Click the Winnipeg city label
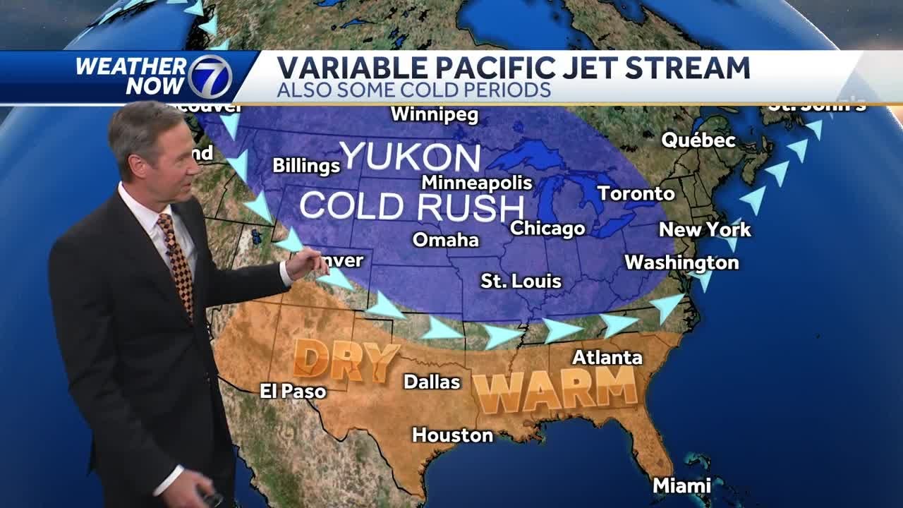(x=434, y=114)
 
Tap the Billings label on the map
(x=306, y=166)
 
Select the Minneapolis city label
(x=477, y=182)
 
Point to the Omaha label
(x=445, y=240)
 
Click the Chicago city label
(x=547, y=228)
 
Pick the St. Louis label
(x=521, y=281)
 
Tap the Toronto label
(x=636, y=193)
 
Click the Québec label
(x=698, y=140)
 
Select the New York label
(x=705, y=229)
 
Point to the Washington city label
(x=681, y=262)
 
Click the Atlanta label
(x=607, y=357)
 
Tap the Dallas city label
(x=432, y=382)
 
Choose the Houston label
(x=452, y=435)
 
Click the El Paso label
(x=293, y=391)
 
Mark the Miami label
(x=681, y=485)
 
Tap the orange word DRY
(x=346, y=360)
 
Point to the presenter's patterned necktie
(x=176, y=261)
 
